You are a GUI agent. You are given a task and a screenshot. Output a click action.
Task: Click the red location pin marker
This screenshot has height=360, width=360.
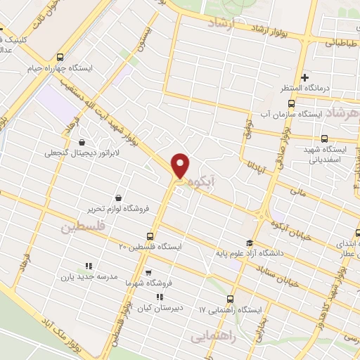pos(181,166)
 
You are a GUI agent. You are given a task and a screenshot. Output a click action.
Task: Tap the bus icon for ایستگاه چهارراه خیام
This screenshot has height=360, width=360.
pos(60,58)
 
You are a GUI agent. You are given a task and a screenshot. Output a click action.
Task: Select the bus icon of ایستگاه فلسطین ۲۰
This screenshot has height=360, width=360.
pos(149,236)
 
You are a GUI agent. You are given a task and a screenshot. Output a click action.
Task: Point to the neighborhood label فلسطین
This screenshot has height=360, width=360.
pos(82,228)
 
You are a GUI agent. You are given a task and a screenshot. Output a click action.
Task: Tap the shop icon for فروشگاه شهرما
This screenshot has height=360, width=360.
pos(148,272)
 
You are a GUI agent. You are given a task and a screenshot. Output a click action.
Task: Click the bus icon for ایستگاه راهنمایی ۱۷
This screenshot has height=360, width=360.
pos(231,299)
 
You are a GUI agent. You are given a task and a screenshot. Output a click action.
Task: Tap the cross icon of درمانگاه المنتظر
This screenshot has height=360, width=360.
pos(304,77)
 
